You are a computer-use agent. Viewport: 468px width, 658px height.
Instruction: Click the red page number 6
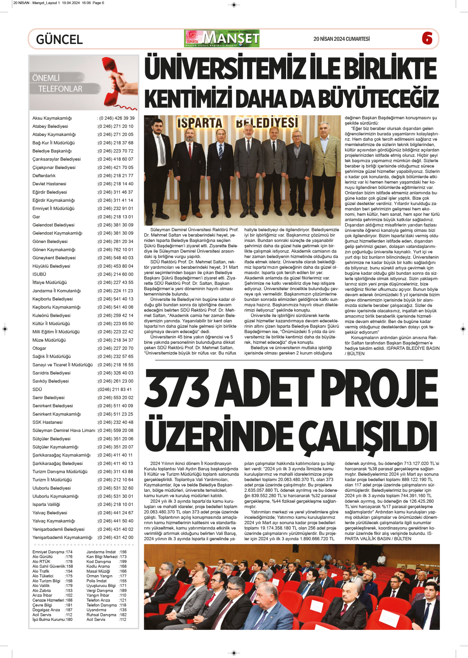click(427, 38)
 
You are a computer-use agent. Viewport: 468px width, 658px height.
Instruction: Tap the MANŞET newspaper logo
click(222, 38)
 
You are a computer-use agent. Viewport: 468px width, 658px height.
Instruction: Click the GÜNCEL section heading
click(59, 39)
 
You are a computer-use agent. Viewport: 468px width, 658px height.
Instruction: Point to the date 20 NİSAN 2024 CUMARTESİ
click(341, 39)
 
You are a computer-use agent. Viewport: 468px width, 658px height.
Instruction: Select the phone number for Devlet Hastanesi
click(115, 184)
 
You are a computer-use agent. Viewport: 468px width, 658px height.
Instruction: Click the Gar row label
click(36, 217)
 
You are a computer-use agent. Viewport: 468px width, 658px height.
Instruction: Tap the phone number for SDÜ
click(114, 390)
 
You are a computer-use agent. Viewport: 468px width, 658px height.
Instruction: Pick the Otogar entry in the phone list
click(39, 348)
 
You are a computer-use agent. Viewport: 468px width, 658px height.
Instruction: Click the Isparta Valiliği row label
click(46, 505)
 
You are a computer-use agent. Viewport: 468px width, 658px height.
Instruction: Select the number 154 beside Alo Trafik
click(69, 571)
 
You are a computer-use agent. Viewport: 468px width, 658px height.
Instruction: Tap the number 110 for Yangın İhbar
click(123, 595)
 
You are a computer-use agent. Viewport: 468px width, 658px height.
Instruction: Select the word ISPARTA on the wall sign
click(200, 123)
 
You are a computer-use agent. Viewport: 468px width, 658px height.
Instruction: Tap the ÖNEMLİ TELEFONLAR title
click(58, 83)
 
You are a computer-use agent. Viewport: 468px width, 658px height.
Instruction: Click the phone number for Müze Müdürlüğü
click(115, 340)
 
